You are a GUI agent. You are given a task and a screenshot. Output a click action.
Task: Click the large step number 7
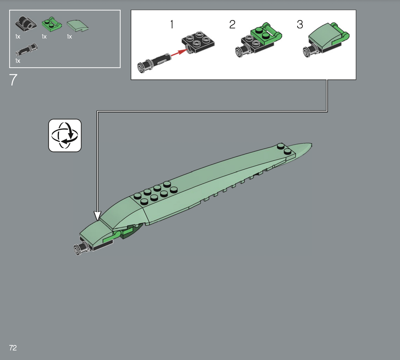tap(13, 80)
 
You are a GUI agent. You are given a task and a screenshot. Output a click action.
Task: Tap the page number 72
tap(13, 348)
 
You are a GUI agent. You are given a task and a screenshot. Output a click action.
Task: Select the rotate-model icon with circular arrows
tap(65, 135)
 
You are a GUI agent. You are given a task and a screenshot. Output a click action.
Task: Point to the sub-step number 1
tap(172, 24)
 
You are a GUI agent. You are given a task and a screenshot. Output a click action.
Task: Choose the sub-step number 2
tap(232, 24)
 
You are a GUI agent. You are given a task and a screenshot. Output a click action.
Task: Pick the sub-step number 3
tap(300, 24)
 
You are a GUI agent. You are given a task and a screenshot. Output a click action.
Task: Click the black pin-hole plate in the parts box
tap(26, 24)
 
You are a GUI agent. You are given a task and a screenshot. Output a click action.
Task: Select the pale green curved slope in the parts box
tap(77, 26)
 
